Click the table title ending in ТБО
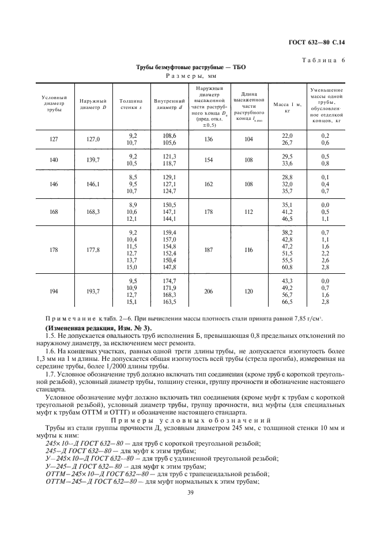click(x=190, y=67)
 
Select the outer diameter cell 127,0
click(x=90, y=139)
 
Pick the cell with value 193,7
click(x=90, y=292)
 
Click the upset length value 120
click(x=248, y=292)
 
